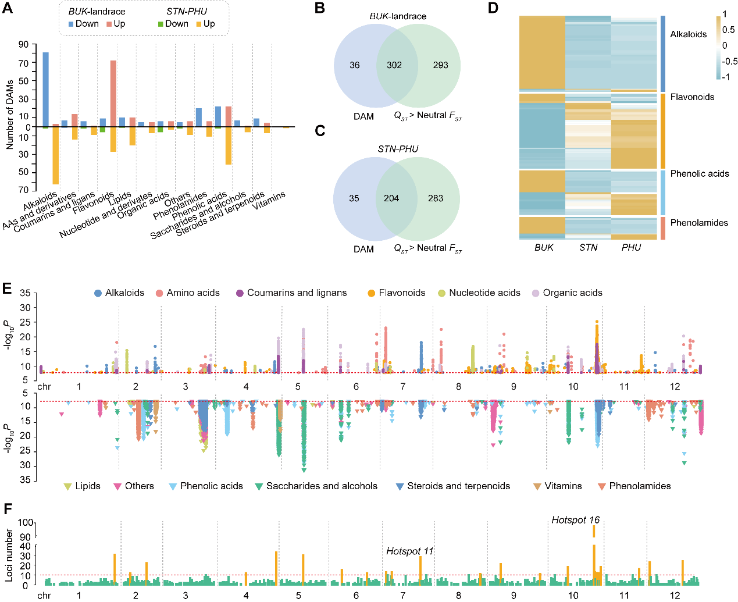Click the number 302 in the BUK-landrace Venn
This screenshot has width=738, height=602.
point(394,65)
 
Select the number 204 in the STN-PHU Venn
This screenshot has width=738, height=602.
point(391,198)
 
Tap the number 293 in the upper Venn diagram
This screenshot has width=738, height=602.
point(440,65)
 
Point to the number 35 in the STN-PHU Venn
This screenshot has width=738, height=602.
point(354,198)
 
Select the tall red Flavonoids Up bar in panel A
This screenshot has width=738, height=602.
point(113,93)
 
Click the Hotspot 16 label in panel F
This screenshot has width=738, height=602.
point(575,520)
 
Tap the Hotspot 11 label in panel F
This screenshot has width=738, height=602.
point(409,551)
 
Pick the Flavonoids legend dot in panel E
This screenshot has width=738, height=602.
point(371,293)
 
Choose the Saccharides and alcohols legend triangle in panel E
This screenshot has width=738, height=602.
point(259,486)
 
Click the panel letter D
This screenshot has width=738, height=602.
point(493,9)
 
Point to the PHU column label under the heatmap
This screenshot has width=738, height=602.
point(631,248)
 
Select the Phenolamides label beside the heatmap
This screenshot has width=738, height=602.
point(698,223)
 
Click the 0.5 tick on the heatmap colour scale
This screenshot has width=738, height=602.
point(728,30)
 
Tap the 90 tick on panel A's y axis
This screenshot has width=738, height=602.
point(23,45)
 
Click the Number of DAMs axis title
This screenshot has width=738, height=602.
point(10,115)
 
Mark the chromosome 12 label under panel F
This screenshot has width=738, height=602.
point(675,596)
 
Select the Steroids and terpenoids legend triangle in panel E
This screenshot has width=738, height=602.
point(400,486)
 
